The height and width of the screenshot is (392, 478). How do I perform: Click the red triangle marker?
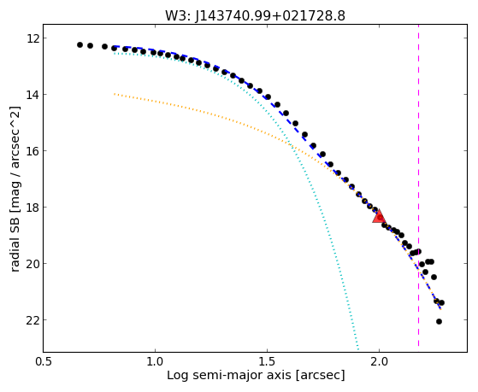pyautogui.click(x=379, y=217)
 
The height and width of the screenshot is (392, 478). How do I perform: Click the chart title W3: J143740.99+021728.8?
pyautogui.click(x=255, y=16)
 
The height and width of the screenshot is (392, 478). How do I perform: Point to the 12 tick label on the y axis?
pyautogui.click(x=31, y=38)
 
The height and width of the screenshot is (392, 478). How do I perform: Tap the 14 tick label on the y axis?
pyautogui.click(x=31, y=95)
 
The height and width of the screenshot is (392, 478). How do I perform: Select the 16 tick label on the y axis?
pyautogui.click(x=31, y=151)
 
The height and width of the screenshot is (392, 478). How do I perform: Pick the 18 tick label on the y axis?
pyautogui.click(x=31, y=208)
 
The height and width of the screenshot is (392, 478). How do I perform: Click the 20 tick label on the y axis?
pyautogui.click(x=31, y=264)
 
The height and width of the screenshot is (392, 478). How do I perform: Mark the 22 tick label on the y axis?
pyautogui.click(x=31, y=320)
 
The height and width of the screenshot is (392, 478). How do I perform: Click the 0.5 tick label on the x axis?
pyautogui.click(x=44, y=361)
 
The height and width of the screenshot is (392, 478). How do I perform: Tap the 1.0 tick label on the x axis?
pyautogui.click(x=155, y=361)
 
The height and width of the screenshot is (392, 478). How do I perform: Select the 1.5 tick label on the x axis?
pyautogui.click(x=267, y=361)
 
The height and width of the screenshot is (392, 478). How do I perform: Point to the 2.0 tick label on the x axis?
pyautogui.click(x=379, y=361)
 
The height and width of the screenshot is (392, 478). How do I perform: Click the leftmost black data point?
pyautogui.click(x=80, y=44)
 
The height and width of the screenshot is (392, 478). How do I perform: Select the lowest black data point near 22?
pyautogui.click(x=439, y=322)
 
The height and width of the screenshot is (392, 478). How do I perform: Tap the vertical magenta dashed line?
pyautogui.click(x=418, y=185)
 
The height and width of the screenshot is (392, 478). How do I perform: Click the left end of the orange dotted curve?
pyautogui.click(x=115, y=94)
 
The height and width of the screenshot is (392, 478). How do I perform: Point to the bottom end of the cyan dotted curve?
pyautogui.click(x=358, y=349)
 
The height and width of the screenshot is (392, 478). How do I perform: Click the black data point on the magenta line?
pyautogui.click(x=418, y=252)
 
